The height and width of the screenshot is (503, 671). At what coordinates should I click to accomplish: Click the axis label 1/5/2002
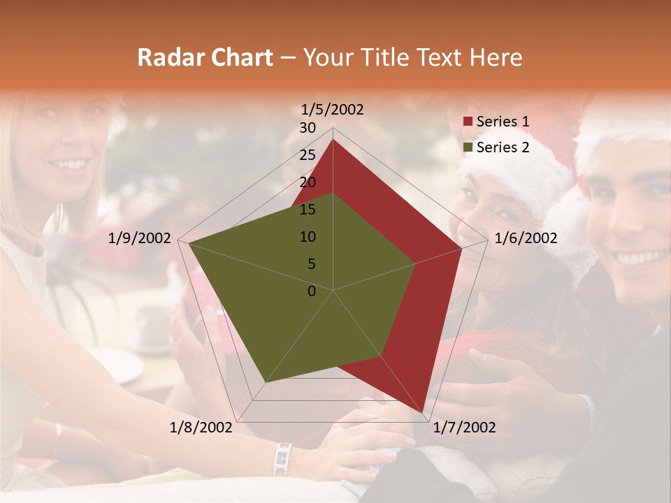pyautogui.click(x=333, y=109)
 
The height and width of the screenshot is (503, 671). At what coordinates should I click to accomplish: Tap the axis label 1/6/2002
pyautogui.click(x=526, y=238)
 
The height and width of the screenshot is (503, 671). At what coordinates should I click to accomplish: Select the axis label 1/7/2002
pyautogui.click(x=463, y=428)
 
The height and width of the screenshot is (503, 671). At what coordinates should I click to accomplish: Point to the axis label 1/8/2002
pyautogui.click(x=201, y=428)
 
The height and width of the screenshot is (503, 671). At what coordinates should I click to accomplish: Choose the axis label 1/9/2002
pyautogui.click(x=140, y=238)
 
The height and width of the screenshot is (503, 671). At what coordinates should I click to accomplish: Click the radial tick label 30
pyautogui.click(x=308, y=128)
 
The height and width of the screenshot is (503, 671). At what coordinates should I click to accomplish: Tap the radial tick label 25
pyautogui.click(x=308, y=155)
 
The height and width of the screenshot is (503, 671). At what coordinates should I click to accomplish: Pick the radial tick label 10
pyautogui.click(x=308, y=237)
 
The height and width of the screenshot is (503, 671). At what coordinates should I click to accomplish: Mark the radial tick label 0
pyautogui.click(x=312, y=291)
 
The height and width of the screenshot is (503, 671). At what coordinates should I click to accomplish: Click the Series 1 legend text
pyautogui.click(x=503, y=122)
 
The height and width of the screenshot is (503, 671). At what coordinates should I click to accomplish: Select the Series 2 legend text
pyautogui.click(x=503, y=147)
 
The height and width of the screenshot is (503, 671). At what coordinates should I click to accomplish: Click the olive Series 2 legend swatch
pyautogui.click(x=468, y=148)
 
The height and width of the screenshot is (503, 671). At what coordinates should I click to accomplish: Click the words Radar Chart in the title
pyautogui.click(x=205, y=57)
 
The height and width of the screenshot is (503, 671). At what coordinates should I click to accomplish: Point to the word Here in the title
pyautogui.click(x=496, y=57)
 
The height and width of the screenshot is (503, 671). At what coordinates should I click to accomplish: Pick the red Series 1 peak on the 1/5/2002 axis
pyautogui.click(x=333, y=140)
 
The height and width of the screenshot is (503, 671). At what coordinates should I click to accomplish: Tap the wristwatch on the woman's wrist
pyautogui.click(x=282, y=458)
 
